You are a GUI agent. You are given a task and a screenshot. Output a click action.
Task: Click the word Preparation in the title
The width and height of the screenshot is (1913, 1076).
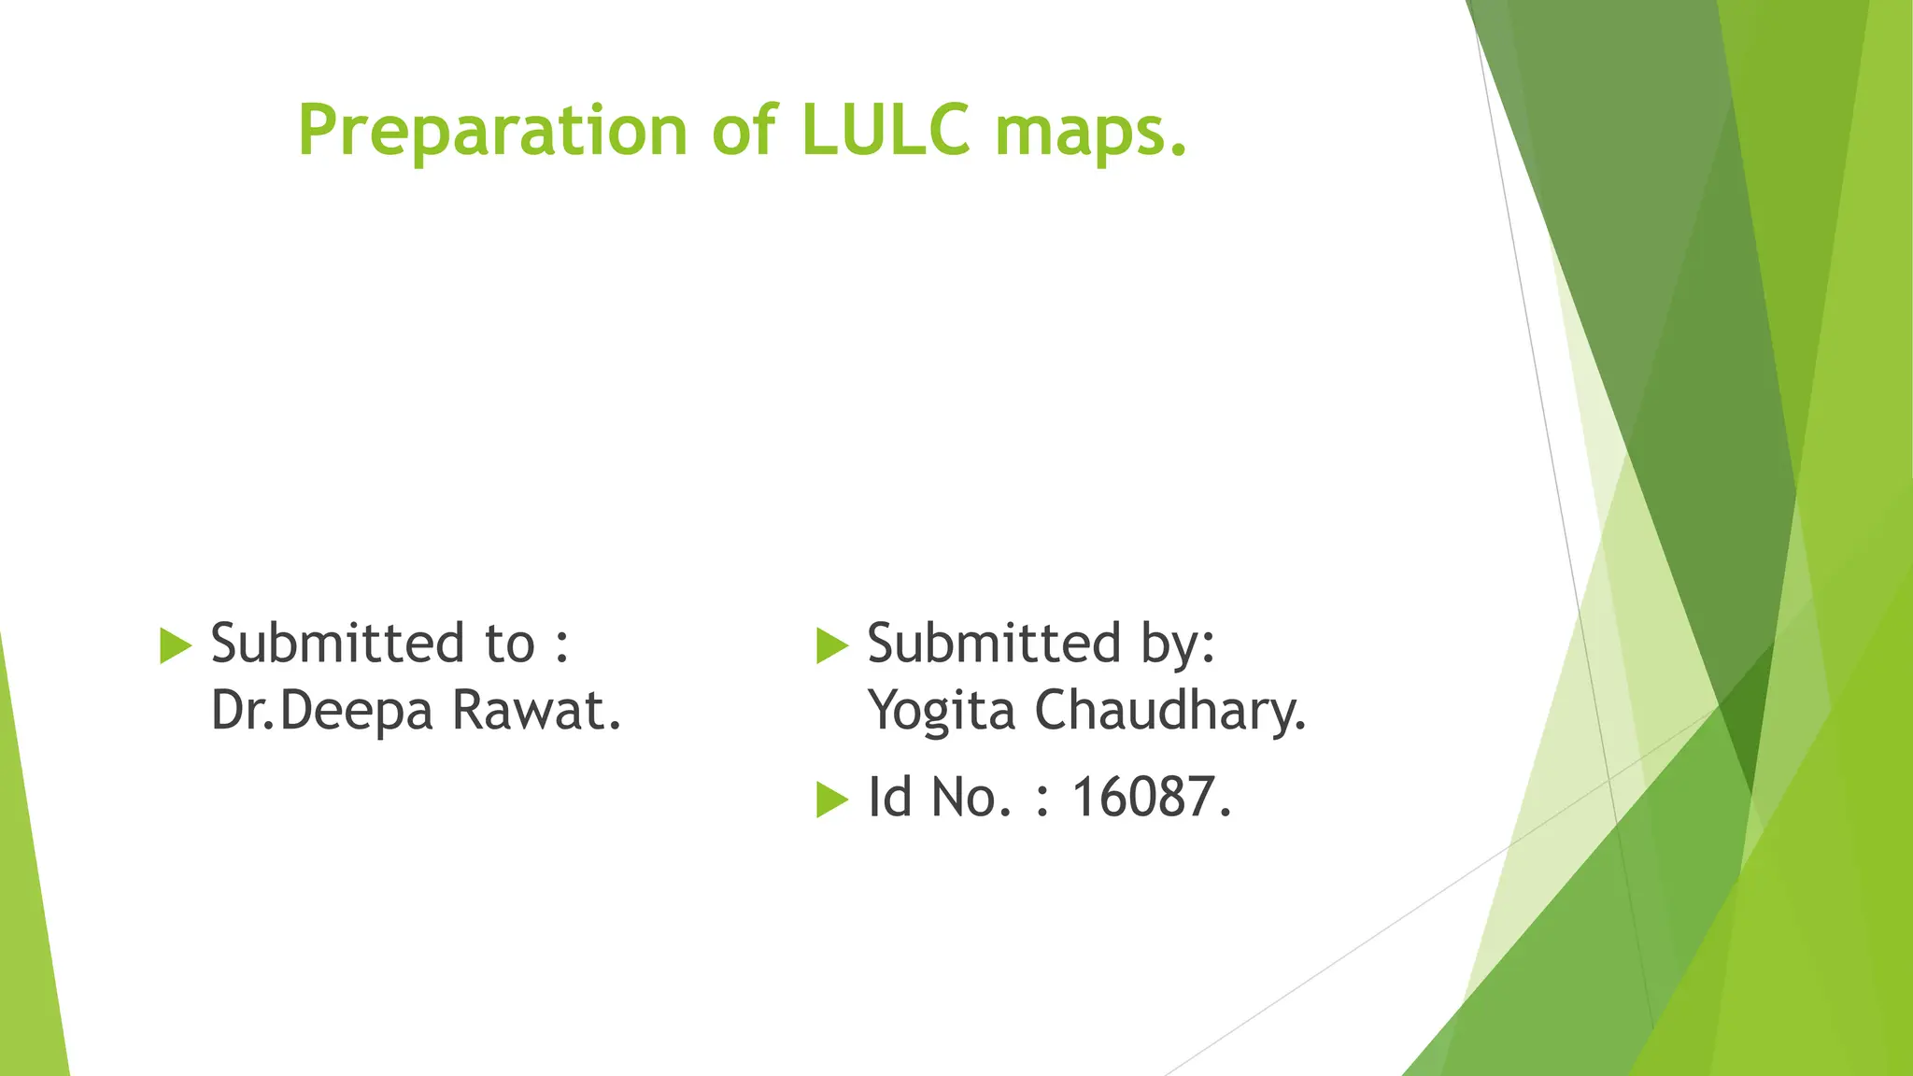[492, 130]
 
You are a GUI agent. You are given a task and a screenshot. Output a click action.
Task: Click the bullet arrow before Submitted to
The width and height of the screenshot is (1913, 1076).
[176, 645]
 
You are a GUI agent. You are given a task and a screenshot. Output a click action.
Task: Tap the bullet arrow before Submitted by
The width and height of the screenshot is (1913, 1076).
[831, 645]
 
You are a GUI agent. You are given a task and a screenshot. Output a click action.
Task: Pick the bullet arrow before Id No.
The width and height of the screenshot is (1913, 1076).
[831, 799]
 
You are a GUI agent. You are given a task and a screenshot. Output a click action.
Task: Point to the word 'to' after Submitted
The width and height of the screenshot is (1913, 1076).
[509, 644]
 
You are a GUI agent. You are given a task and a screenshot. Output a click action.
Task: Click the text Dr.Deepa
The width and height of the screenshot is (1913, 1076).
[322, 712]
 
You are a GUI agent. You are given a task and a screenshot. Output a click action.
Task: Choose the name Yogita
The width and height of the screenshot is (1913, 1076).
[942, 712]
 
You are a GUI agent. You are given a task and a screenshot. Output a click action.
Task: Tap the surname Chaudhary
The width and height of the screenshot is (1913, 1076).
[1169, 712]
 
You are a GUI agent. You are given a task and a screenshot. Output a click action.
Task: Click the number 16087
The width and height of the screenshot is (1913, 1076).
[1150, 798]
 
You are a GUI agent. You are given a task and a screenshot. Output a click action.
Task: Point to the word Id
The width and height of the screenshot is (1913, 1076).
[889, 797]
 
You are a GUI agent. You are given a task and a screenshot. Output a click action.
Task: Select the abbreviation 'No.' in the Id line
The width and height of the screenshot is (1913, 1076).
[971, 798]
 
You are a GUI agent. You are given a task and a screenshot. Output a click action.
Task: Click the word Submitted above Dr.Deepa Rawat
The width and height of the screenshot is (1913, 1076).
[337, 644]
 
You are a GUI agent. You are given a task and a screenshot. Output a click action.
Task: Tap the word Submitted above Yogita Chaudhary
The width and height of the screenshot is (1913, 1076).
[994, 644]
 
